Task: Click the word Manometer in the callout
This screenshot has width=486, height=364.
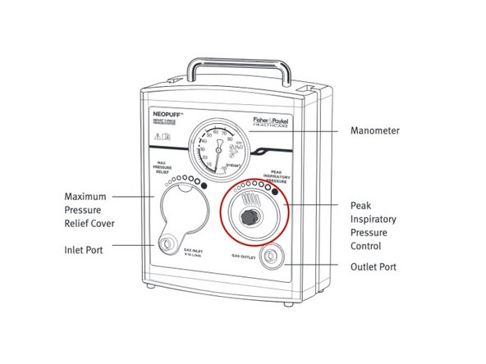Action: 376,130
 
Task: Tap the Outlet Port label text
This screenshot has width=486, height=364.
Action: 374,266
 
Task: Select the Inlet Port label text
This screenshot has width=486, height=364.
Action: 85,249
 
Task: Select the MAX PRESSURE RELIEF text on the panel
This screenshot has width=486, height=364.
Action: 170,169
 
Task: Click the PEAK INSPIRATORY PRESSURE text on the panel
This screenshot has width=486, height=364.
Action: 276,178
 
